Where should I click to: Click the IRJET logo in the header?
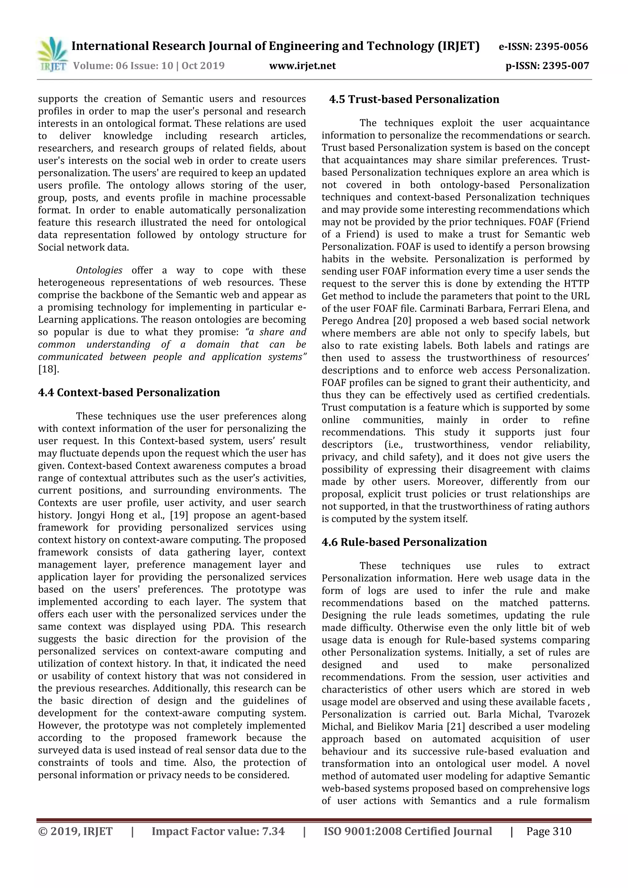click(52, 54)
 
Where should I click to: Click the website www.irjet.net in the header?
click(302, 66)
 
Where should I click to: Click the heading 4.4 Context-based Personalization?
click(129, 392)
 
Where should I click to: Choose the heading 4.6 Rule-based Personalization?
click(404, 542)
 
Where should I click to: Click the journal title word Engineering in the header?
click(304, 46)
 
